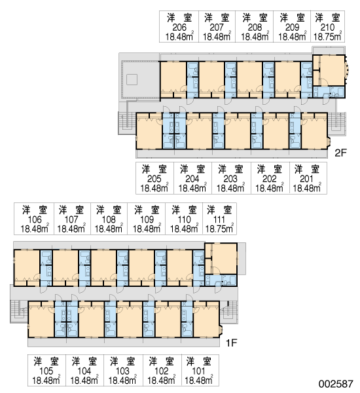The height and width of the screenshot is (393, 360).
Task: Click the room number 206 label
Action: (179, 27)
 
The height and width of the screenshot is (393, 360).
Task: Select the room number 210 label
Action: (327, 27)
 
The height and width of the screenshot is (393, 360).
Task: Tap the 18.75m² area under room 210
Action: (327, 36)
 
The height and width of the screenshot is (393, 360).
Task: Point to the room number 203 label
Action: (230, 179)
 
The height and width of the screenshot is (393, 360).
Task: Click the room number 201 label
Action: (306, 179)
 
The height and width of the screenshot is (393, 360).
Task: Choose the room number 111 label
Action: (219, 219)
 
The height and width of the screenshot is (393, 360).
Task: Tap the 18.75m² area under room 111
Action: (219, 229)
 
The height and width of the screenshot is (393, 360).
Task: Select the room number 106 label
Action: (35, 219)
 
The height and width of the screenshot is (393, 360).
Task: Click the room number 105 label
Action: (46, 371)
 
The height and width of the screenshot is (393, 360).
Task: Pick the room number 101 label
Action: (198, 371)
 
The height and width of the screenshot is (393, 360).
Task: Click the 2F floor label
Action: (340, 153)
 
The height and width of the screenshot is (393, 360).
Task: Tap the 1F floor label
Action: (231, 343)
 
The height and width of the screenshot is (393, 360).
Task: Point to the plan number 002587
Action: (336, 384)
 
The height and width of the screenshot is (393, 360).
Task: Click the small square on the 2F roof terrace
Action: (132, 79)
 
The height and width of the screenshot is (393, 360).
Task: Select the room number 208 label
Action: (255, 27)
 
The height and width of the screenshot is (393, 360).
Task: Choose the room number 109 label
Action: (147, 219)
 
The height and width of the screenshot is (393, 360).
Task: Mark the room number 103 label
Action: (122, 371)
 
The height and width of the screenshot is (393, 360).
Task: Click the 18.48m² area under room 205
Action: (154, 188)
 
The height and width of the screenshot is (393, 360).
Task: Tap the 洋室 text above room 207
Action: (217, 18)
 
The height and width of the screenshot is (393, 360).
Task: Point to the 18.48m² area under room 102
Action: (161, 380)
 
